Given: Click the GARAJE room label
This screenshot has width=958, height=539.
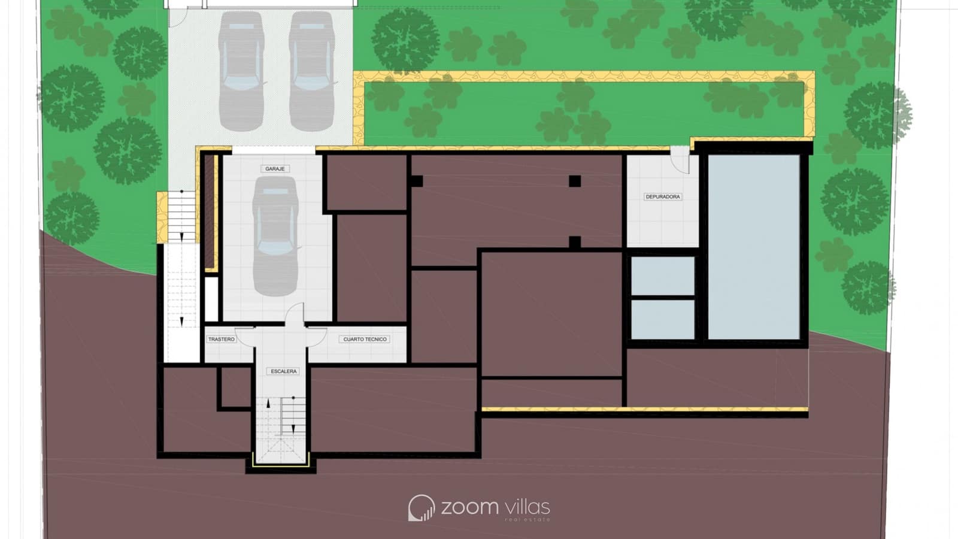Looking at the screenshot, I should (x=275, y=169).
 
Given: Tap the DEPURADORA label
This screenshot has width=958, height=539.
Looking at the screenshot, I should (x=663, y=196).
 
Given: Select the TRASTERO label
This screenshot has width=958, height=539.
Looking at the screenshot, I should (x=222, y=339).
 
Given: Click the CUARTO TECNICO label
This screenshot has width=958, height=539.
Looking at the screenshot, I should (x=365, y=339).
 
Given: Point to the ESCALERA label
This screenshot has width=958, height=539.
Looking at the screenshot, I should (x=284, y=371).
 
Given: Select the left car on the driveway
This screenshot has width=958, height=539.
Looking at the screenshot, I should (x=241, y=71).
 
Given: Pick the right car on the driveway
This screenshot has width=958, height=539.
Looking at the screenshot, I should (x=311, y=71).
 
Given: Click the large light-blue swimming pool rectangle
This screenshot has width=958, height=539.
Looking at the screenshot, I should (x=754, y=247).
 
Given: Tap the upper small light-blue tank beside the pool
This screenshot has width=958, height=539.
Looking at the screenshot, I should (x=663, y=275).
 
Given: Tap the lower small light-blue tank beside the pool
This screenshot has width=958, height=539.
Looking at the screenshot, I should (x=663, y=319).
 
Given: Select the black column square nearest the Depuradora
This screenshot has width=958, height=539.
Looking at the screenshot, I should (x=575, y=181).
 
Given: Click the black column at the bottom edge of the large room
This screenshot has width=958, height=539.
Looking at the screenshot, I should (x=575, y=242).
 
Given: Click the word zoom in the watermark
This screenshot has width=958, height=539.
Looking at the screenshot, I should (x=469, y=507).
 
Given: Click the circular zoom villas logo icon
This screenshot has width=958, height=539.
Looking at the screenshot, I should (x=421, y=508).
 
